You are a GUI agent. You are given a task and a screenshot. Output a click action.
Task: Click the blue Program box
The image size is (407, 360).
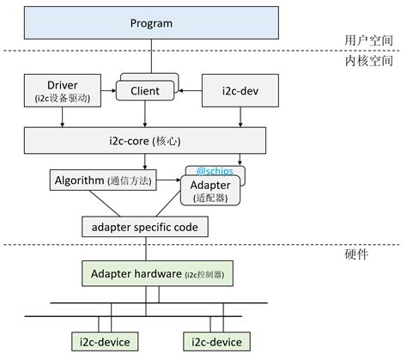[151, 23]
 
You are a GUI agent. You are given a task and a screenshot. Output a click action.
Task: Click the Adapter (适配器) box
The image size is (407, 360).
[210, 189]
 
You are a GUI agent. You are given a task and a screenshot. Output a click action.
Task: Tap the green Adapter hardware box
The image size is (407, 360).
[156, 273]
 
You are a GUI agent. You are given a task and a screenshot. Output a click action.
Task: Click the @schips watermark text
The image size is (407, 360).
[216, 171]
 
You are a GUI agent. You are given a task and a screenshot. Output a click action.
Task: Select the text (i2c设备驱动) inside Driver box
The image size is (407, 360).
[63, 99]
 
